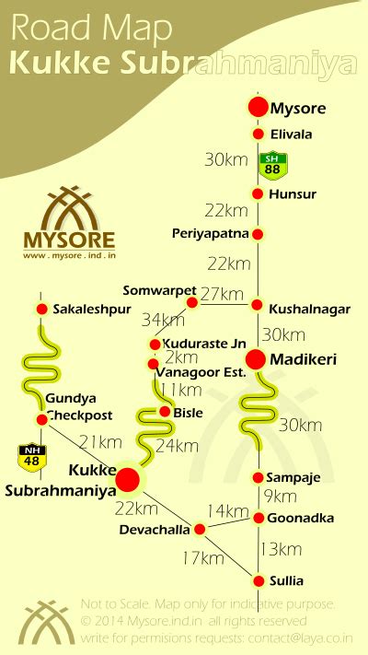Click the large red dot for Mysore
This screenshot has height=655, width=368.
[259, 107]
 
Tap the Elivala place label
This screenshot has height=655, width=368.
[290, 135]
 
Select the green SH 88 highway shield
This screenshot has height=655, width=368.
[271, 165]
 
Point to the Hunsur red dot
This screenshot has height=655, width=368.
[259, 193]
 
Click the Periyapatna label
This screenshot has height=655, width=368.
[211, 234]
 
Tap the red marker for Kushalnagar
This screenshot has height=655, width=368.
[259, 307]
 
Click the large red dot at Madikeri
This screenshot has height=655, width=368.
[257, 359]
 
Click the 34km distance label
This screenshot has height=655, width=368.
[163, 321]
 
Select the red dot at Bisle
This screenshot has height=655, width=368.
[167, 412]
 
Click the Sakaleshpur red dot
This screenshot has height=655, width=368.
[41, 308]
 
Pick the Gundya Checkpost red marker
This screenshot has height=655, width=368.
[41, 419]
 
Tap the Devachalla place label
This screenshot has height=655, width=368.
[155, 530]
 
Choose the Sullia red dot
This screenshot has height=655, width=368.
[259, 580]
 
